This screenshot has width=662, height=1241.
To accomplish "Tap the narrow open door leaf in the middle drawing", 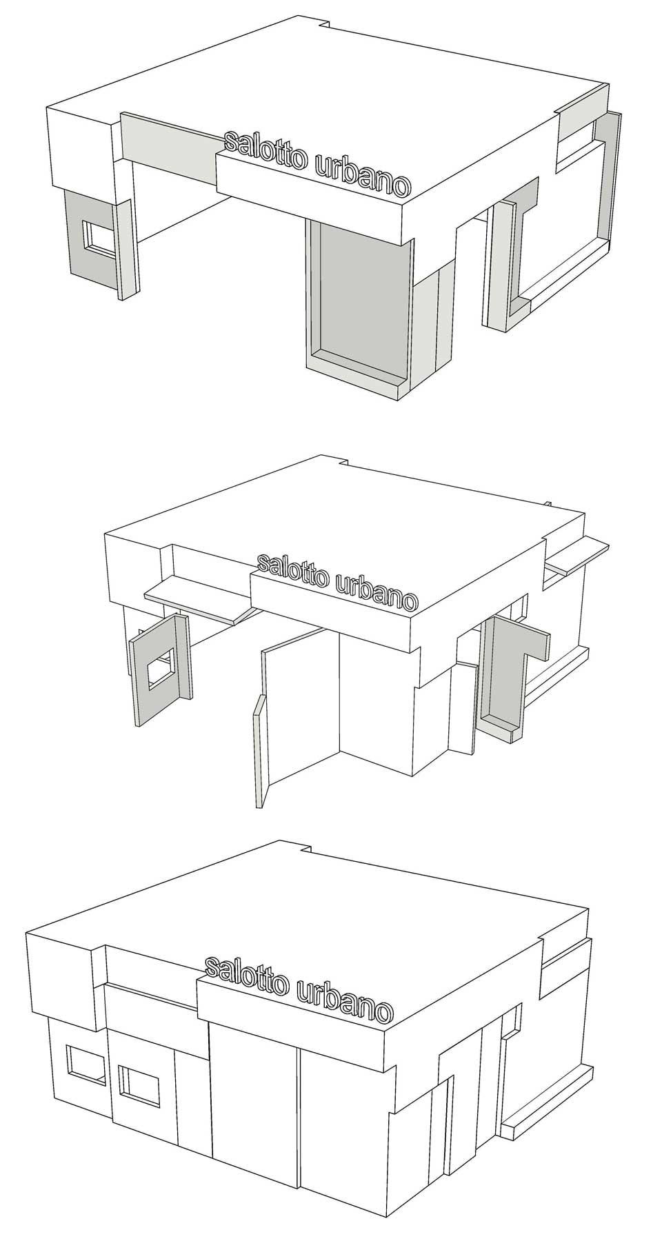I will click(x=259, y=751).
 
